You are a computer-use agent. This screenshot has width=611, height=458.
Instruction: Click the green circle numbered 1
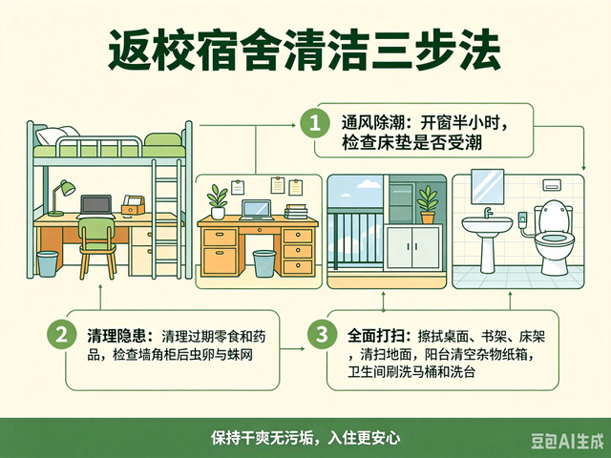coord(315,123)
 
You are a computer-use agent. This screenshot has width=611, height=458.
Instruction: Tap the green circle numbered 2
coord(61,335)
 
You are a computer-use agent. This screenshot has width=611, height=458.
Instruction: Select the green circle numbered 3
coord(322,335)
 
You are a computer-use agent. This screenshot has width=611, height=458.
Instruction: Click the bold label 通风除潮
coord(372,123)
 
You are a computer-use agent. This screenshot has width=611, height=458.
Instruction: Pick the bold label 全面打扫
coord(378,336)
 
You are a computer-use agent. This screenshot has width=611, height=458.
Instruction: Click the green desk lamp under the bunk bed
coord(61,198)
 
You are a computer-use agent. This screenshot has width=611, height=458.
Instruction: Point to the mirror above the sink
coord(487,187)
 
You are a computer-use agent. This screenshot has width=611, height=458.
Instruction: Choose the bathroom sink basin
coord(487,225)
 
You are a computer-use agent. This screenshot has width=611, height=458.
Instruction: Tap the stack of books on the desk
coord(296,212)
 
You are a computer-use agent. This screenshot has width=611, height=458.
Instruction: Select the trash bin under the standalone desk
coord(264,263)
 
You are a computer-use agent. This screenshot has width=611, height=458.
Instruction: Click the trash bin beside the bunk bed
coord(48,264)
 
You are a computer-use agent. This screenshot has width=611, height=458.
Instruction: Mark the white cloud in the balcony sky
coord(369,183)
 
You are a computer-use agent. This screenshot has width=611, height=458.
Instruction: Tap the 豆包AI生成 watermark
coord(567,442)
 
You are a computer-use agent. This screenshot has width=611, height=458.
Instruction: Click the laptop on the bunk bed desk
coord(95,207)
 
